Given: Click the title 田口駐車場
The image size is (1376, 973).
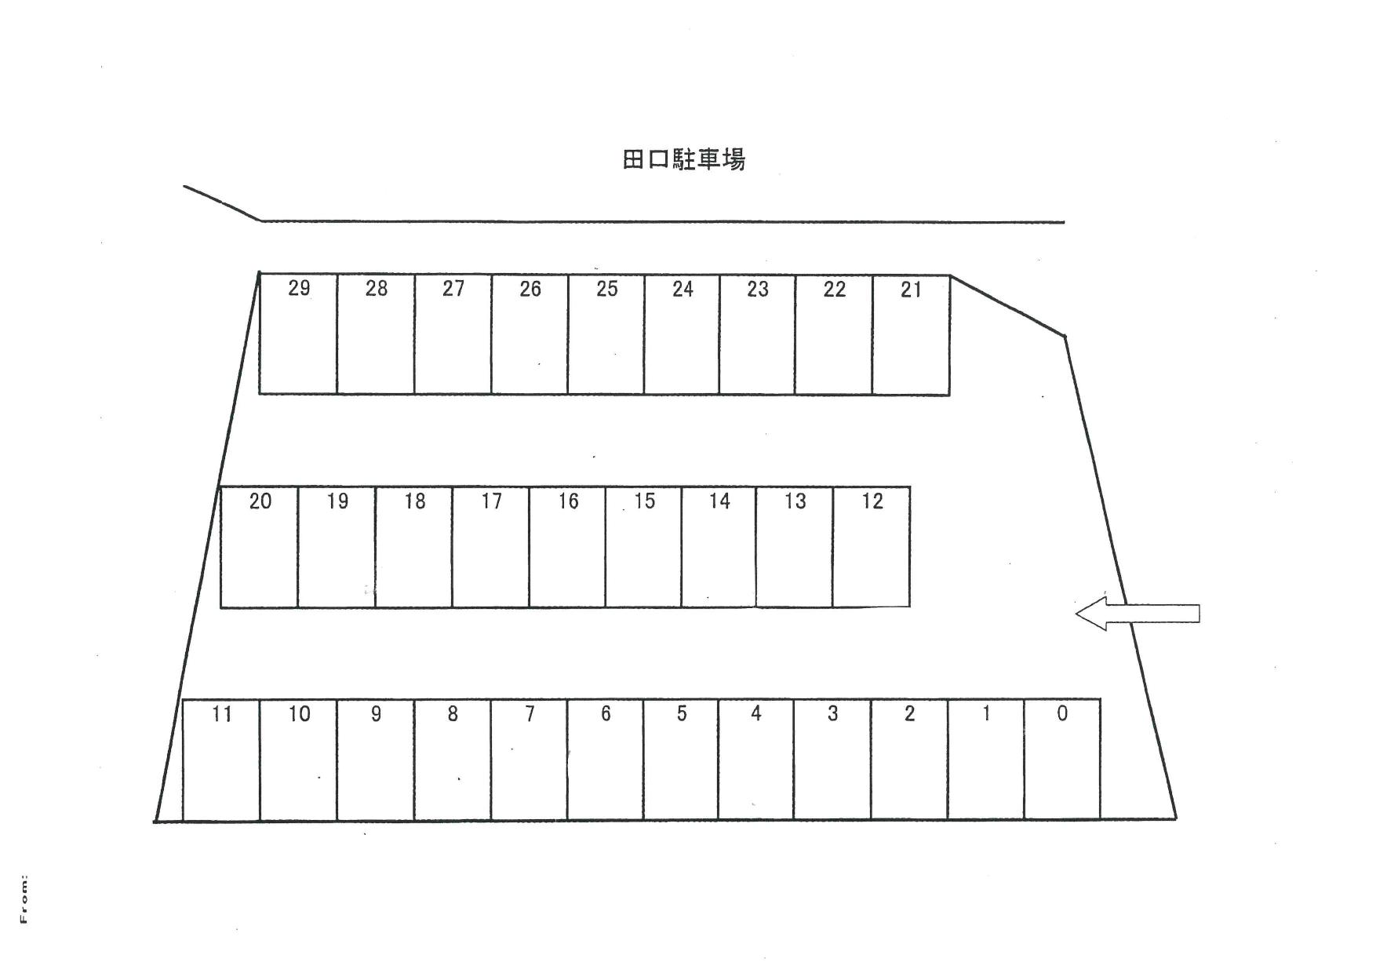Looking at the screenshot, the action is pyautogui.click(x=683, y=159).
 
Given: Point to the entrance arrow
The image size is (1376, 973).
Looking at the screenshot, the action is pyautogui.click(x=1137, y=613).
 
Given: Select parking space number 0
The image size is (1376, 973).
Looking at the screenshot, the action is pyautogui.click(x=1062, y=760).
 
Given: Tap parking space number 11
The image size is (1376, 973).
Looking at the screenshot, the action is pyautogui.click(x=221, y=760).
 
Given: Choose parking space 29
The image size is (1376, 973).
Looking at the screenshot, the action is pyautogui.click(x=298, y=334).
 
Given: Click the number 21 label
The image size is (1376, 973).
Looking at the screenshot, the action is pyautogui.click(x=911, y=290).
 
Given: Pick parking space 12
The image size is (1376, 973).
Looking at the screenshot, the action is pyautogui.click(x=871, y=547).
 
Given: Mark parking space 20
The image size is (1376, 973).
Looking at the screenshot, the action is pyautogui.click(x=259, y=547).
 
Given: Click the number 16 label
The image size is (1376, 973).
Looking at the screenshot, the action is pyautogui.click(x=568, y=501).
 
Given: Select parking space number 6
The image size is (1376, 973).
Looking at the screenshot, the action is pyautogui.click(x=605, y=760).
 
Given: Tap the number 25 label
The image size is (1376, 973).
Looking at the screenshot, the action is pyautogui.click(x=606, y=289).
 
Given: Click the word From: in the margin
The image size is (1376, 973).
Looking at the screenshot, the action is pyautogui.click(x=24, y=898).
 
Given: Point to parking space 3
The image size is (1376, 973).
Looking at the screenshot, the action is pyautogui.click(x=832, y=760).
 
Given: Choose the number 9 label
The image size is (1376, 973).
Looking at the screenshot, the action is pyautogui.click(x=376, y=714).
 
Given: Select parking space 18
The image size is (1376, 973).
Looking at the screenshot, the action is pyautogui.click(x=413, y=547).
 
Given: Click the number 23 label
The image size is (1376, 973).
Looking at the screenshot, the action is pyautogui.click(x=757, y=289).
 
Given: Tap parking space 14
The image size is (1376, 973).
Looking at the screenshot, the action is pyautogui.click(x=719, y=547).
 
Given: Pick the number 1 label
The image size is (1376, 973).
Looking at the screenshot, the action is pyautogui.click(x=986, y=713).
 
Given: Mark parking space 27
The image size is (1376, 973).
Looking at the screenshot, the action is pyautogui.click(x=453, y=334).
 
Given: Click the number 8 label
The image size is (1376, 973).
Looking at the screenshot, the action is pyautogui.click(x=453, y=714).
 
